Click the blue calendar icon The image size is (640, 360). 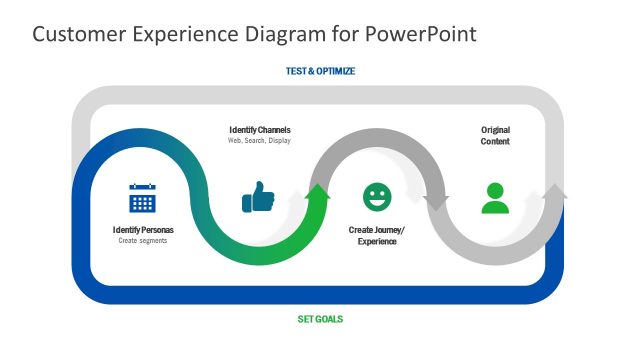point(143,198)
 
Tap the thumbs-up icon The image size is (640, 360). point(258,197)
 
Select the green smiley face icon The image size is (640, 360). point(377,197)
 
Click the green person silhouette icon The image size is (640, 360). point(495,198)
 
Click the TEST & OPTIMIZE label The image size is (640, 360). point(320,72)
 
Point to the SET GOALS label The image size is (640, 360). point(320,320)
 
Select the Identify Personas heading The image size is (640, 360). point(143,230)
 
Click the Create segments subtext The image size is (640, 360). point(143,241)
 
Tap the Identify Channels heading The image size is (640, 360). point(260,130)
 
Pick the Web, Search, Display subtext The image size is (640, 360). point(260,141)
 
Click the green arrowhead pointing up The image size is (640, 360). point(318,193)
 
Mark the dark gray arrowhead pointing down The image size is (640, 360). point(436,203)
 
